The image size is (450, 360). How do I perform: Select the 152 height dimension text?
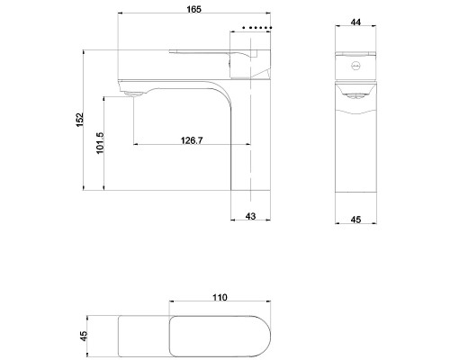click(x=79, y=121)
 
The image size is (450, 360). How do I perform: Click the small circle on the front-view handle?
click(x=355, y=67)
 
